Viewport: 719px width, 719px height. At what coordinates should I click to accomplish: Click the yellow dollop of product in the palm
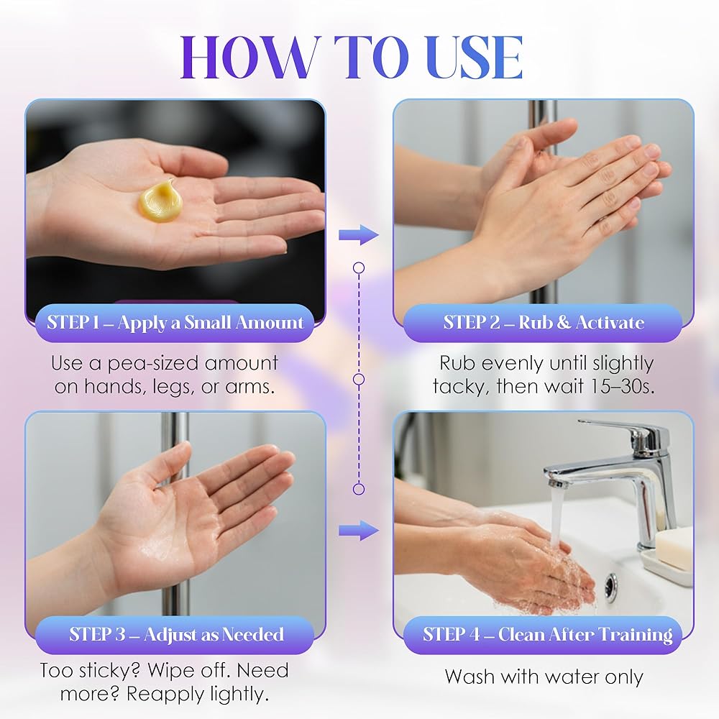[160, 201]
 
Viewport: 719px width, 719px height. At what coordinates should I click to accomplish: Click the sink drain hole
[611, 586]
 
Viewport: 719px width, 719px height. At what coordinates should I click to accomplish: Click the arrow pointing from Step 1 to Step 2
[359, 235]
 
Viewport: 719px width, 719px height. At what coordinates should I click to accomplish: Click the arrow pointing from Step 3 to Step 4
[359, 531]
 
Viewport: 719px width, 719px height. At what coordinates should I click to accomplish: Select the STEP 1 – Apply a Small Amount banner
[175, 323]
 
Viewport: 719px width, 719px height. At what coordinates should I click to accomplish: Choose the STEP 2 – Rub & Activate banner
[543, 323]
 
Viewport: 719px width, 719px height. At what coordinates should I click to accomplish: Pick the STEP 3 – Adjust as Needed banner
[175, 635]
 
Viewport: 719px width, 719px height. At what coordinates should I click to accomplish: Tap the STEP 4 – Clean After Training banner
[543, 635]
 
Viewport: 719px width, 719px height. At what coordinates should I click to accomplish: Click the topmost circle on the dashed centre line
[359, 267]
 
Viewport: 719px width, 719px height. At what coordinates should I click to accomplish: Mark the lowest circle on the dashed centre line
[359, 489]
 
